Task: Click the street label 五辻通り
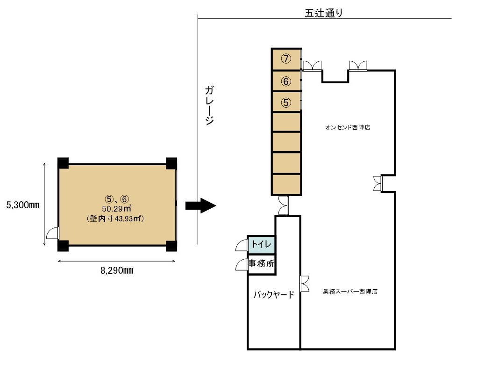[324, 13]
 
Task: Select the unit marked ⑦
[286, 59]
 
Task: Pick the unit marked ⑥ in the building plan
[286, 81]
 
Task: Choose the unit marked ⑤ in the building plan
[286, 102]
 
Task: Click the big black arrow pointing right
[200, 206]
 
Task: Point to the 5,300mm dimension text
[22, 205]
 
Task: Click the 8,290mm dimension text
[117, 271]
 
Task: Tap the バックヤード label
[274, 295]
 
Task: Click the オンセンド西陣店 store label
[348, 127]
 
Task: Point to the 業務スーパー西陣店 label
[350, 291]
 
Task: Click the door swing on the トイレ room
[242, 244]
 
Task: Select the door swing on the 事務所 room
[242, 264]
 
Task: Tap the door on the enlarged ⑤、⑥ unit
[53, 233]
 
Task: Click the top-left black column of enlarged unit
[63, 163]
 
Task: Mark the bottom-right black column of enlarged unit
[171, 246]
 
